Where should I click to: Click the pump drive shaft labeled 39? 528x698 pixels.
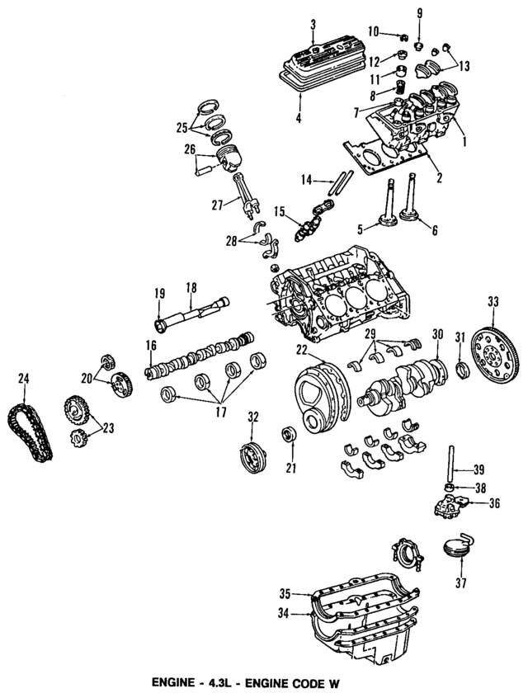click(x=454, y=467)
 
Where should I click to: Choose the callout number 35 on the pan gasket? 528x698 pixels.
click(x=285, y=593)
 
